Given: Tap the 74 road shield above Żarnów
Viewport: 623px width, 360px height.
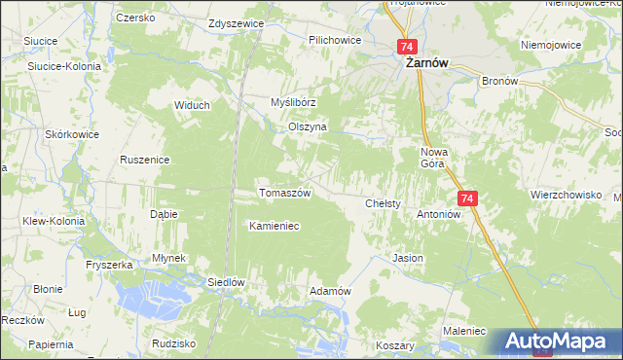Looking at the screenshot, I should (x=407, y=47).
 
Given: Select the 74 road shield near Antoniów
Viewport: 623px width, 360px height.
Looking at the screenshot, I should (x=468, y=198).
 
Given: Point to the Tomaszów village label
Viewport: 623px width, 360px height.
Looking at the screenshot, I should (x=284, y=193).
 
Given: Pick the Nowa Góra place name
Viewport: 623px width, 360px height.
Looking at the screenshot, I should (x=432, y=158).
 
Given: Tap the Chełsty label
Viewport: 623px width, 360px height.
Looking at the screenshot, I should (x=384, y=204).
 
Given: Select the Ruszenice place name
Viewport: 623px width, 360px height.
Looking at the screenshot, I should (x=144, y=160).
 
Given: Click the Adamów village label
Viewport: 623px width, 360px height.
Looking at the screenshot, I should (x=329, y=292).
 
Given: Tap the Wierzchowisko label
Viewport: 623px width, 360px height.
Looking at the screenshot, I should (x=566, y=195).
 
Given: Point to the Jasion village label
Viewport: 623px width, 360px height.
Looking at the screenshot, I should (x=407, y=259).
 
